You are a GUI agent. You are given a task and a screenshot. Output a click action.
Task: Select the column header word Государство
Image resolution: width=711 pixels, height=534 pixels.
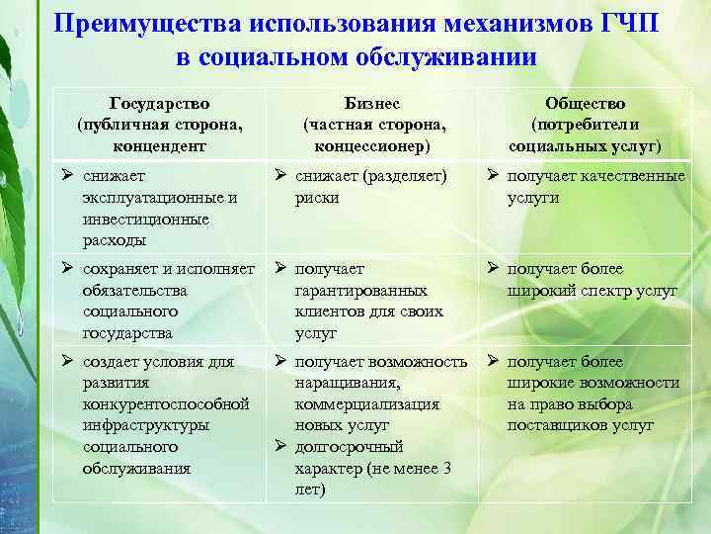(160, 104)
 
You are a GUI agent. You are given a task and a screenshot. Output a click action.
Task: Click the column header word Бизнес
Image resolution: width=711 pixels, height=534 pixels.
(374, 104)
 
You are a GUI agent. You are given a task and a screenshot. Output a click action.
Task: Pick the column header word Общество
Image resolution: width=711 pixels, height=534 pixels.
(585, 104)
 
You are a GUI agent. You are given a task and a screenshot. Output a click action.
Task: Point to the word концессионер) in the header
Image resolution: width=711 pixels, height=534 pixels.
(374, 146)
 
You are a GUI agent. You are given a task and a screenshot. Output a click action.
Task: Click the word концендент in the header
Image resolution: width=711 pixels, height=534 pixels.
(160, 146)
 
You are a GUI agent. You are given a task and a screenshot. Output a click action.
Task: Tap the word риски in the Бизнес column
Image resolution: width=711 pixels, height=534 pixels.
(317, 198)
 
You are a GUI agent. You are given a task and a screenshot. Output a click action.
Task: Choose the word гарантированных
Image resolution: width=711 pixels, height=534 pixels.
(361, 291)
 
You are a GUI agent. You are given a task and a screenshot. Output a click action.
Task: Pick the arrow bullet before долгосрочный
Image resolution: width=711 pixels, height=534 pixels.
(280, 447)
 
